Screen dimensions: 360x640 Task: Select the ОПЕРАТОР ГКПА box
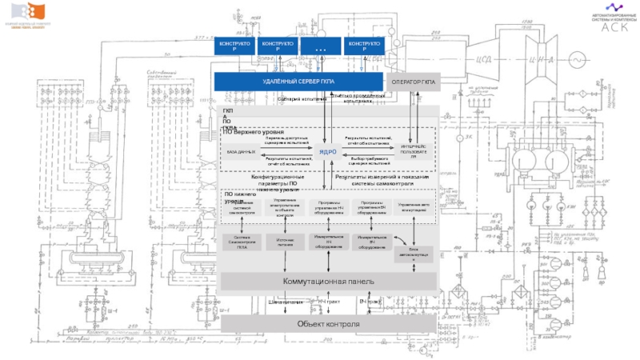tap(414, 82)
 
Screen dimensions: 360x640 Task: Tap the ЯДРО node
tap(328, 152)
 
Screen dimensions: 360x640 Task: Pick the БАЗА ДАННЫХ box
tap(241, 151)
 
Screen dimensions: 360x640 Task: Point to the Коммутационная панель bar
tap(328, 282)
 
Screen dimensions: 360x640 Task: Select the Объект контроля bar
tap(328, 323)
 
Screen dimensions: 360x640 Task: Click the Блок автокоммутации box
tap(414, 253)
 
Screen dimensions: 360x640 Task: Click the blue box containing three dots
tap(321, 46)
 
